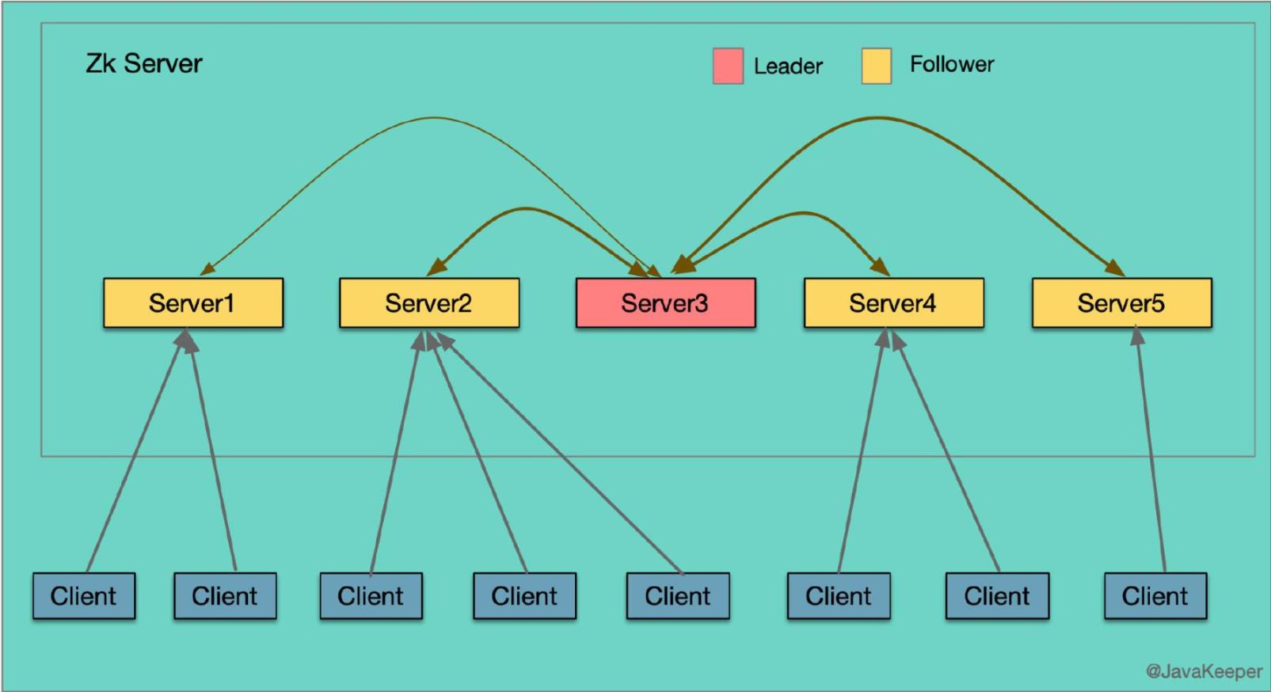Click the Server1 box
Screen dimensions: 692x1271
pyautogui.click(x=192, y=302)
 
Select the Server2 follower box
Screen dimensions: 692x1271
pyautogui.click(x=428, y=302)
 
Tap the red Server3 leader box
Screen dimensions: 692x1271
pyautogui.click(x=664, y=302)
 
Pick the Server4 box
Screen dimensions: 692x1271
pyautogui.click(x=893, y=302)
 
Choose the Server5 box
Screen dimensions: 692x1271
pyautogui.click(x=1121, y=302)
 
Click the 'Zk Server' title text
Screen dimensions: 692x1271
pyautogui.click(x=144, y=63)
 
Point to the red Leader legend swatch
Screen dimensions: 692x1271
pyautogui.click(x=728, y=66)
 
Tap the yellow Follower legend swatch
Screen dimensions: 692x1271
pyautogui.click(x=877, y=66)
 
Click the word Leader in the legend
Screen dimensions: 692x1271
pyautogui.click(x=788, y=66)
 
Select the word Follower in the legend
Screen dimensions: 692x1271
pyautogui.click(x=952, y=64)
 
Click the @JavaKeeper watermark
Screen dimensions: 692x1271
pyautogui.click(x=1204, y=671)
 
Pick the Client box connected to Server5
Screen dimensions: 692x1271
pyautogui.click(x=1155, y=595)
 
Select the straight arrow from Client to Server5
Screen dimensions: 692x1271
pyautogui.click(x=1151, y=451)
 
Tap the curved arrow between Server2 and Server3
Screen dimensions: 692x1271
pyautogui.click(x=523, y=209)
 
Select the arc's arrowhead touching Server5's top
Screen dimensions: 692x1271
pyautogui.click(x=1117, y=270)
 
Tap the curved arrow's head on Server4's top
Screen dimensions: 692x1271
pyautogui.click(x=880, y=267)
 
